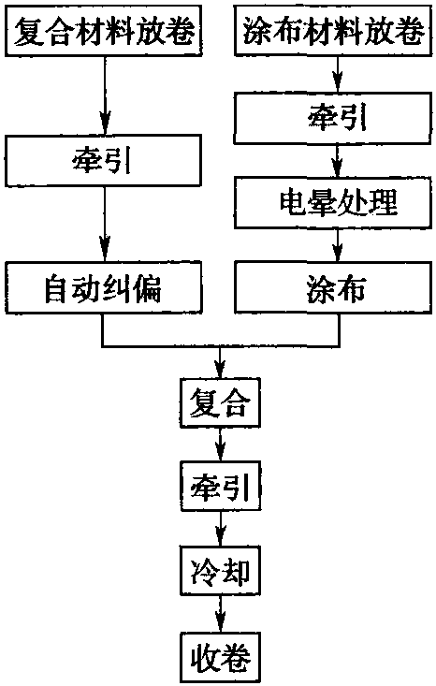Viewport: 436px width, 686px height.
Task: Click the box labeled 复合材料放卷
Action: [x=104, y=31]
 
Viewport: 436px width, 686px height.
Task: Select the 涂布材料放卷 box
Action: [x=333, y=31]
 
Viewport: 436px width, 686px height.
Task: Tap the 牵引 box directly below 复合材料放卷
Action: [x=104, y=161]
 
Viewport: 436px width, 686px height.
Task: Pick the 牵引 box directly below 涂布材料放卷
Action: [x=333, y=118]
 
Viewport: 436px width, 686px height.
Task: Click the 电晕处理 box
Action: [x=333, y=202]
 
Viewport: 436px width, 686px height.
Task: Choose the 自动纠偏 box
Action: [x=104, y=287]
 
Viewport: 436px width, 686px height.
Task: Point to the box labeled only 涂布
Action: [x=333, y=287]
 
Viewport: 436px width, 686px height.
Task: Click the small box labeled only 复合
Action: [x=221, y=402]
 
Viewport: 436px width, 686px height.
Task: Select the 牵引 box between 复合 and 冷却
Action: [x=221, y=486]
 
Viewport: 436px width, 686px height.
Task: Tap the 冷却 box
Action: [x=221, y=571]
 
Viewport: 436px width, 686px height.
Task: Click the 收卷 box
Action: [x=221, y=657]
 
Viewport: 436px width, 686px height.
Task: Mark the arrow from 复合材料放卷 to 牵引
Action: [x=105, y=95]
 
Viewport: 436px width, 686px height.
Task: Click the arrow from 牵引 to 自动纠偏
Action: [x=105, y=224]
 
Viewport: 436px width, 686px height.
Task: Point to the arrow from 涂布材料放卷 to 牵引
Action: [x=337, y=74]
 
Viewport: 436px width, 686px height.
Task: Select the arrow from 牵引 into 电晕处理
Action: [x=337, y=160]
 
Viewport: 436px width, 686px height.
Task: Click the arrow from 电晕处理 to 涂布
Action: [x=337, y=245]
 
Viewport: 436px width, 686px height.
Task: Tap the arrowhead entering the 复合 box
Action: [x=220, y=369]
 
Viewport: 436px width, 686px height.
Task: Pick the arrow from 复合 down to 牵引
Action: [x=220, y=445]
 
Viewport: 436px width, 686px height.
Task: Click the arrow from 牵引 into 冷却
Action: [x=220, y=529]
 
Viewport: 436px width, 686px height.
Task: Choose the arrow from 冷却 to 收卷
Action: [x=220, y=614]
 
